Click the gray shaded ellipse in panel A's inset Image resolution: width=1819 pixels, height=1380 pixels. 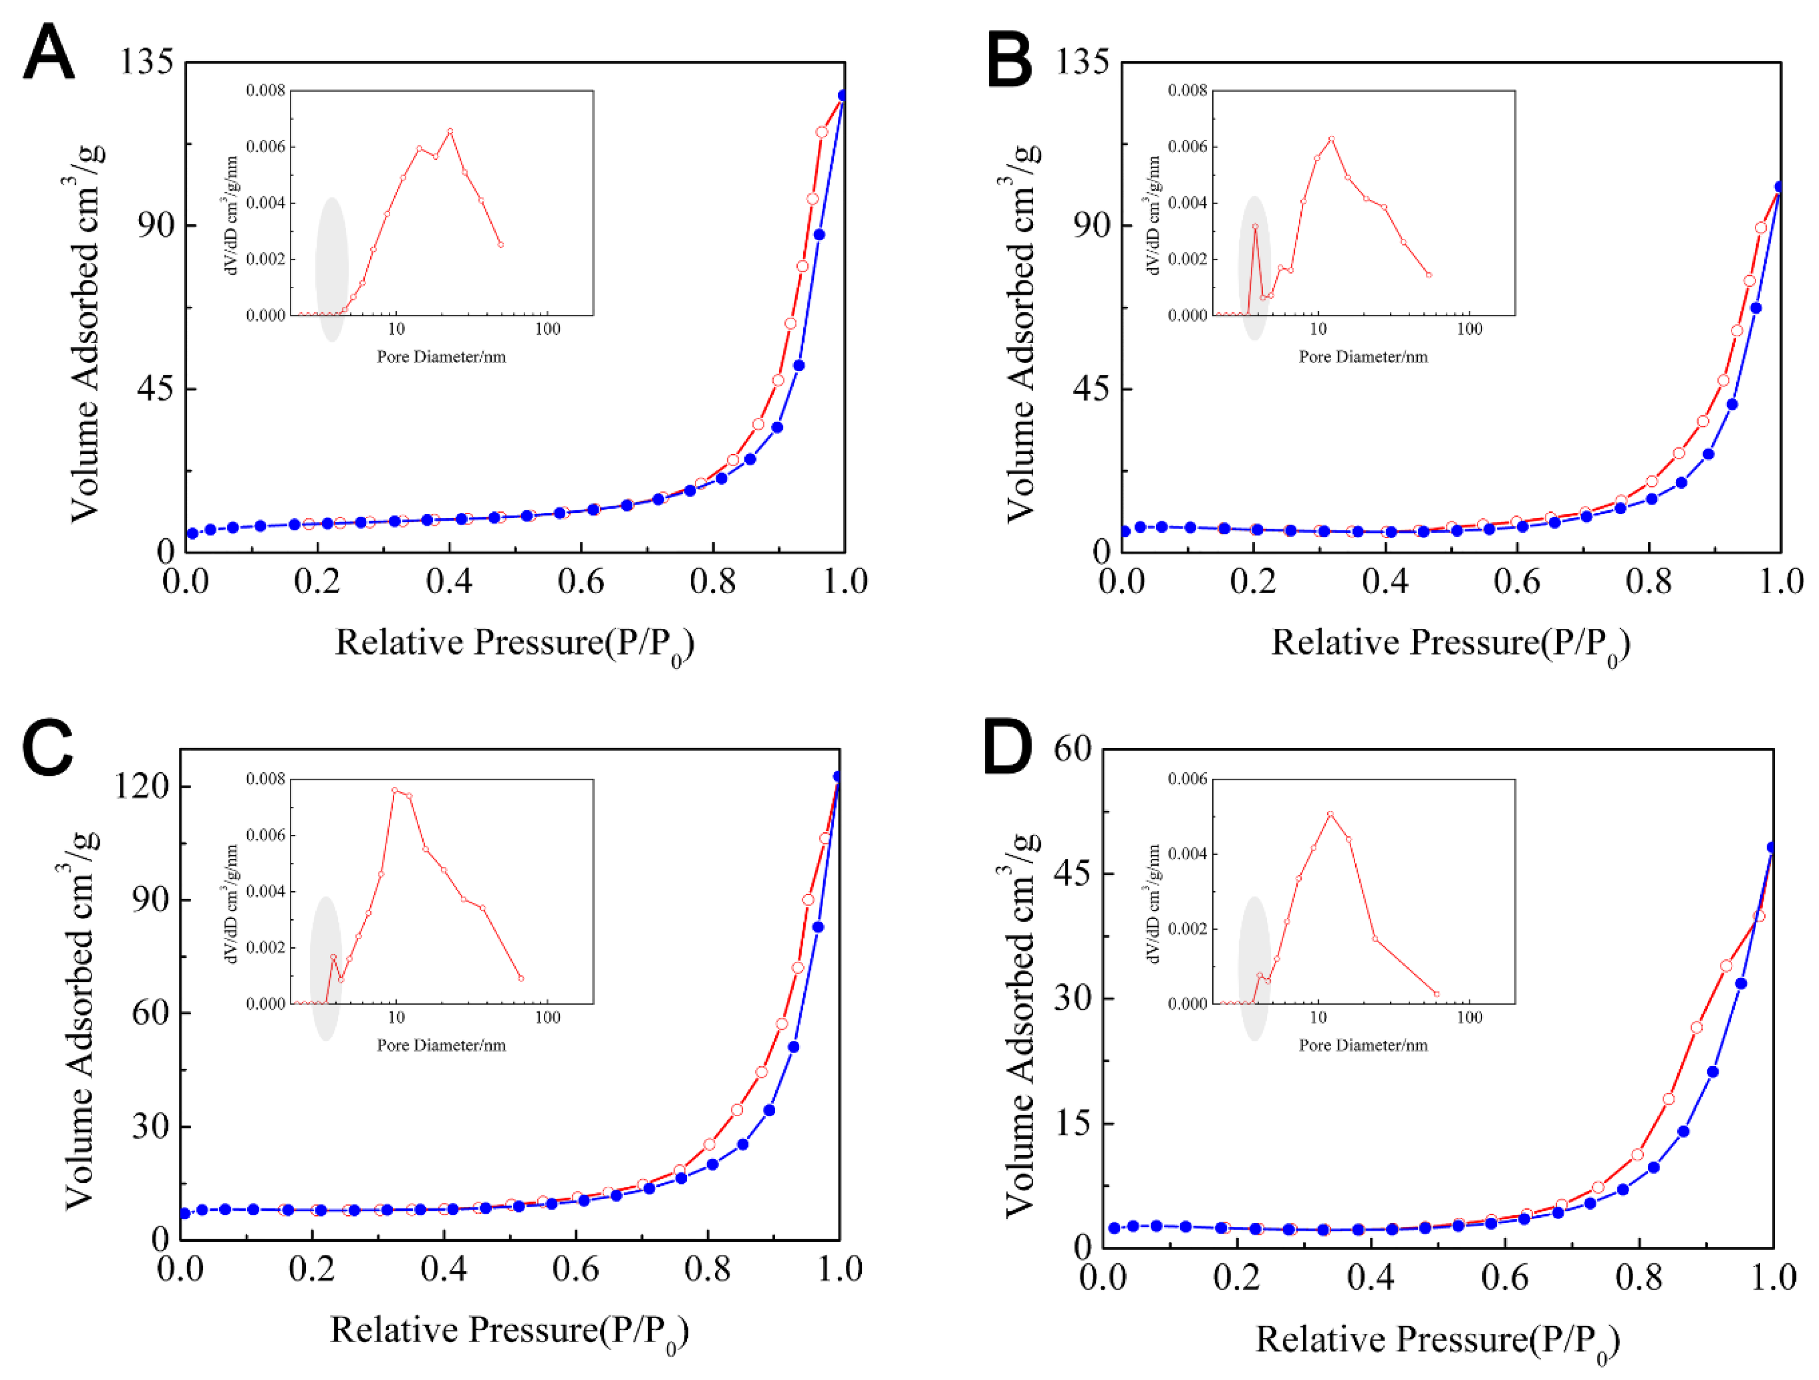click(331, 269)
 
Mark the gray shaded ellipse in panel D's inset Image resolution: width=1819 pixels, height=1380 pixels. click(1254, 969)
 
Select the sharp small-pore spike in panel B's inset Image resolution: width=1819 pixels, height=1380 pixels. click(1255, 226)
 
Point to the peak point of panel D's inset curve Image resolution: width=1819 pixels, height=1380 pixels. click(1330, 814)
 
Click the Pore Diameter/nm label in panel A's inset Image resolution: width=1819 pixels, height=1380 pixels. click(442, 357)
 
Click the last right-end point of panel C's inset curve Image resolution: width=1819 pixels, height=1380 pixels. click(521, 979)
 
